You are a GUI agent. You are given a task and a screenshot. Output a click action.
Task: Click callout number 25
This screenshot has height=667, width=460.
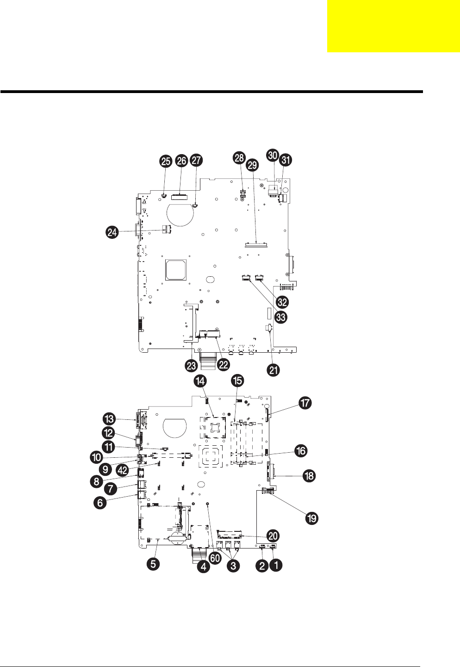165,161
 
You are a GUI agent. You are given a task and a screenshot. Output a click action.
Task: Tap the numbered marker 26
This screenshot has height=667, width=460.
181,161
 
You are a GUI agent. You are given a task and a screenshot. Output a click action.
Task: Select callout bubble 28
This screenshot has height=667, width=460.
239,158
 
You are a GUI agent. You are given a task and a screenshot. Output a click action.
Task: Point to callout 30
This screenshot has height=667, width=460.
273,155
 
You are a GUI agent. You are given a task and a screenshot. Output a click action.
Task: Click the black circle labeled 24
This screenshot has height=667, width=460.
112,232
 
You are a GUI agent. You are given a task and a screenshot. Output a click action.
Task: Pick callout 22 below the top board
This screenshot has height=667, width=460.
223,365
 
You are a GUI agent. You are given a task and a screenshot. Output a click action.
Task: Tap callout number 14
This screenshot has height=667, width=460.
200,381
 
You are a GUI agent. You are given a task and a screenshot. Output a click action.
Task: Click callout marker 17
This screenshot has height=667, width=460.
305,403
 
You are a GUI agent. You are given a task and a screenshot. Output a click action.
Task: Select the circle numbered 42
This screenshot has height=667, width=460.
122,470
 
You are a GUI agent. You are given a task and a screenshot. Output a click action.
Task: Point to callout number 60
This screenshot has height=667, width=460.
215,558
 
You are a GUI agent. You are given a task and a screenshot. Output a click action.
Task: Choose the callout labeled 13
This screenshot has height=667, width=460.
109,419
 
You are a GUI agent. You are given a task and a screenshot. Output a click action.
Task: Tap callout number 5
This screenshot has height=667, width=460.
154,564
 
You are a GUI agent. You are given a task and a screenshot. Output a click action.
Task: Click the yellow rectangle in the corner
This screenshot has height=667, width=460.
393,26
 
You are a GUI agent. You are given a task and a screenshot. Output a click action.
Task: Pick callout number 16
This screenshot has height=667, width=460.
301,451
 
